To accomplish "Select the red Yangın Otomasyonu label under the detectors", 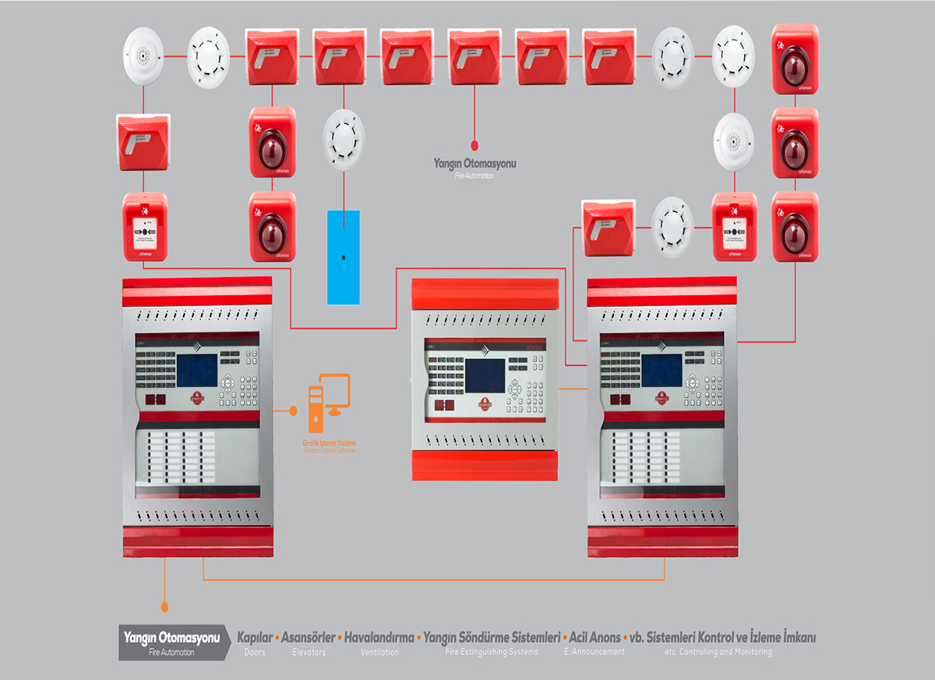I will click(x=475, y=164).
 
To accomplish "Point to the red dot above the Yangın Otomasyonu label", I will click(x=475, y=144).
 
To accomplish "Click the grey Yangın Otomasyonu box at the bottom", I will click(x=172, y=643).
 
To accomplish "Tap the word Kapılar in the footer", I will click(x=255, y=637).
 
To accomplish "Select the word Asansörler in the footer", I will click(x=309, y=637).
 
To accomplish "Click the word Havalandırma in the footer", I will click(x=379, y=637).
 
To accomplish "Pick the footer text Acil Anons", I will click(x=595, y=637).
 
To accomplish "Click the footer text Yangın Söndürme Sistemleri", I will click(x=492, y=637).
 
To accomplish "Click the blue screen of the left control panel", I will click(x=197, y=367).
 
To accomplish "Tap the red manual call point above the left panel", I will click(x=145, y=227).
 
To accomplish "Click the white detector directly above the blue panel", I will click(x=344, y=130).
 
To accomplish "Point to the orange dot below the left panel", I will click(x=164, y=606).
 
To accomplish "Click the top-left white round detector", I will click(x=144, y=56).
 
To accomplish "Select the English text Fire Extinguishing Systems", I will click(x=492, y=652).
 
